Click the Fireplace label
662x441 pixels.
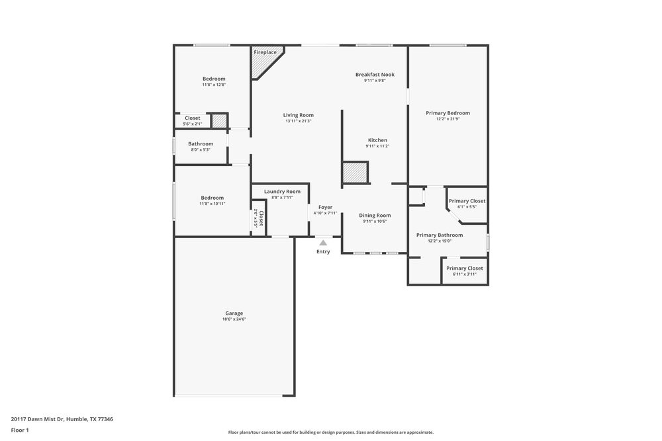265,52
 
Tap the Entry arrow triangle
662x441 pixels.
323,243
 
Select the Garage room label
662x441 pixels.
234,313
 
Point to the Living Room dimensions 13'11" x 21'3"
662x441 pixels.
299,121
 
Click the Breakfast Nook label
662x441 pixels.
375,75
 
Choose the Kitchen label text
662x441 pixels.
377,140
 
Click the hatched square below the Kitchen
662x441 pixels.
355,173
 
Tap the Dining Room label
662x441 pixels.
375,216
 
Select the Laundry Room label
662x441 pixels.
282,192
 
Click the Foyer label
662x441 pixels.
325,207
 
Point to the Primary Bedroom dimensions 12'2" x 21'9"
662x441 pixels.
448,119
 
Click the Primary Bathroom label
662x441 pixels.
440,235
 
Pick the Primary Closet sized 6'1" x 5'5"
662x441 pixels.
467,201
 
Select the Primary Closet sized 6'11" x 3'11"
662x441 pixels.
464,268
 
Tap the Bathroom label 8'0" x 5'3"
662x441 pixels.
201,143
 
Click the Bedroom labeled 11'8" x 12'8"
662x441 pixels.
214,79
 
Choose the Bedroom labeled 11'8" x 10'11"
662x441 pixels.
213,198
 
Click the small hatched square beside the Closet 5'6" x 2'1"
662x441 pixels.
218,121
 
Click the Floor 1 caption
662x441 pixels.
20,430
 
